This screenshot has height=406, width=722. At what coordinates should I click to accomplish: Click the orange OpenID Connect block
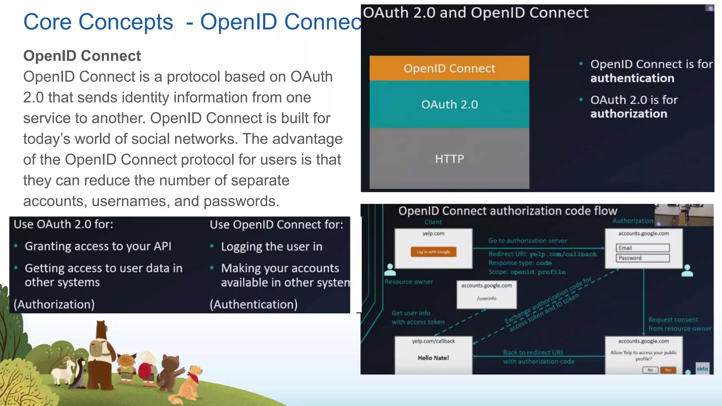[449, 68]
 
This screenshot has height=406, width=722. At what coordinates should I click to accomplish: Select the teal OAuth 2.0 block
[449, 104]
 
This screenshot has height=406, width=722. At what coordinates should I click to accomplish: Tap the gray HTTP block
[449, 158]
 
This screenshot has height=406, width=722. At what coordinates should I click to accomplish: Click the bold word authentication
[632, 78]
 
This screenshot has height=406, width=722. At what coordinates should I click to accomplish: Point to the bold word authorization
[629, 114]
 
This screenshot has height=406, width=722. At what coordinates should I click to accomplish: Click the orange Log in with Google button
[433, 252]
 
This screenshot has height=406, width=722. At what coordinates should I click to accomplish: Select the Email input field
[643, 248]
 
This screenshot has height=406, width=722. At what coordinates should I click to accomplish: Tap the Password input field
[643, 258]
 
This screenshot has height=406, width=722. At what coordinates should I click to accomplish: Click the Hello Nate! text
[433, 358]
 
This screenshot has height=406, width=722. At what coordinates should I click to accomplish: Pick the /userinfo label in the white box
[487, 298]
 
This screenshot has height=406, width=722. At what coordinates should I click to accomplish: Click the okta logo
[702, 369]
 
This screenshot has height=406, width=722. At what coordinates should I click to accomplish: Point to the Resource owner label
[409, 282]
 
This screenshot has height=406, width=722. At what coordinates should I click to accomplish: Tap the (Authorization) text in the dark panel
[54, 304]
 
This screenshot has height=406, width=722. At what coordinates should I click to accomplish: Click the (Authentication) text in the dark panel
[253, 304]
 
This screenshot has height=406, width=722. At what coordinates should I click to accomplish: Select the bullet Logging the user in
[271, 246]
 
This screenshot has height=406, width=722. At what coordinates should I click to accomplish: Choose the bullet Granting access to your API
[98, 246]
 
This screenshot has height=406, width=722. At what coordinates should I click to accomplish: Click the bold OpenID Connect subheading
[82, 56]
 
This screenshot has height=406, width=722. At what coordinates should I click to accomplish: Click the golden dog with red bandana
[190, 382]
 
